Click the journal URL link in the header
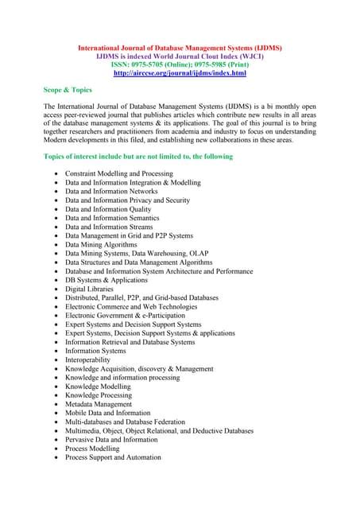point(180,73)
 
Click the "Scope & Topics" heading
point(68,90)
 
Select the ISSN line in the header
point(180,64)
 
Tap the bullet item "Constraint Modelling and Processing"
point(118,173)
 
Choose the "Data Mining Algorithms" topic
point(101,245)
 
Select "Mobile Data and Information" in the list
point(107,413)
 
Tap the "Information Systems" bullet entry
point(95,351)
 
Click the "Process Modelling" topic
point(91,449)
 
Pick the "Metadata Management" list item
point(98,404)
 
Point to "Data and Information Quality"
point(107,209)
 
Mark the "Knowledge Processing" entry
point(99,395)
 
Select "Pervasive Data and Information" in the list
point(111,440)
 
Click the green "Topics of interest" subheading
point(138,157)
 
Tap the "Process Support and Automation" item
point(113,457)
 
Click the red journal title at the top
point(180,48)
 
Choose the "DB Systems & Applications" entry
point(106,281)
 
